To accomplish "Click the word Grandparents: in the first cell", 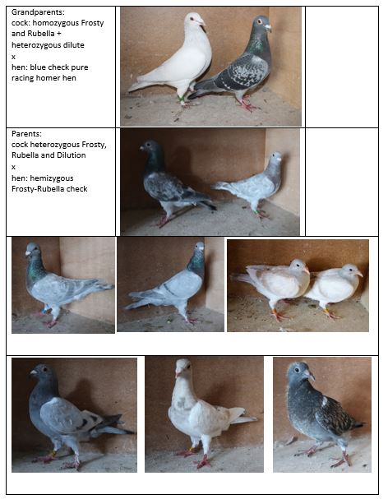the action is click(x=38, y=12).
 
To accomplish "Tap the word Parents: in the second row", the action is click(x=26, y=134).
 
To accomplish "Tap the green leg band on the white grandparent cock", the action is click(x=182, y=99).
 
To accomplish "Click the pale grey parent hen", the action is click(x=252, y=185).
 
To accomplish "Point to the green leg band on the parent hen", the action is click(x=256, y=211).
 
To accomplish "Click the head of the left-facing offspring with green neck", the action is click(x=32, y=249).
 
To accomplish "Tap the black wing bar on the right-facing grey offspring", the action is click(x=169, y=289).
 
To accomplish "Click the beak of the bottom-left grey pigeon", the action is click(x=33, y=372).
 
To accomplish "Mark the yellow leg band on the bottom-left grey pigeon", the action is click(x=54, y=452).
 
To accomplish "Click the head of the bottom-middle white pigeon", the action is click(x=183, y=367).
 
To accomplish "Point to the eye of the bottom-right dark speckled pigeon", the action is click(x=297, y=371).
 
